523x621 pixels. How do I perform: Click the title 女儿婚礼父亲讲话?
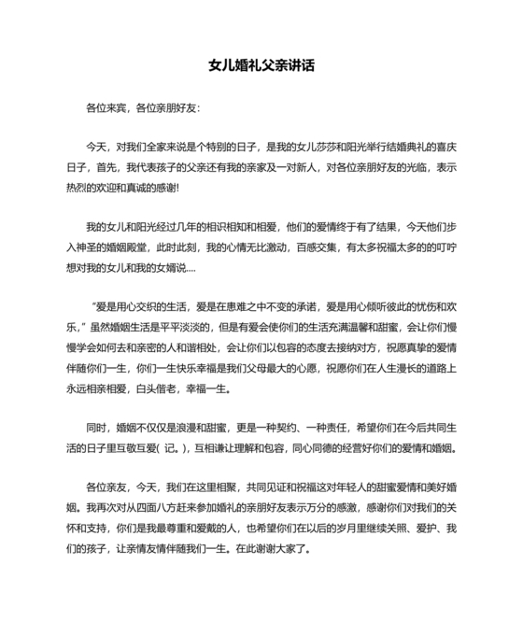point(261,66)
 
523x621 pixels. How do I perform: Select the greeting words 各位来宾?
point(106,107)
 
